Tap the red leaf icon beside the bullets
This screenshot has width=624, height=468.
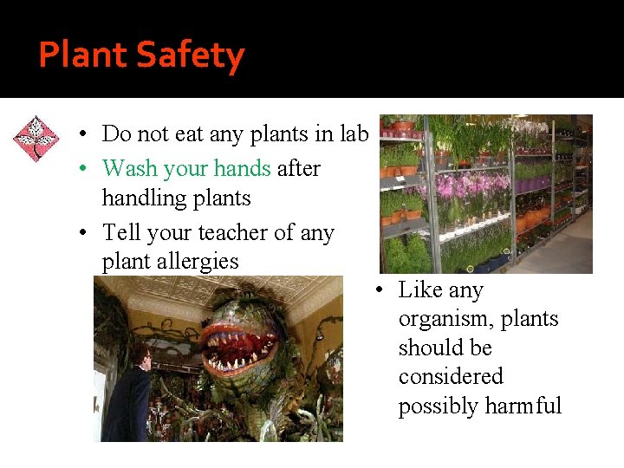(36, 139)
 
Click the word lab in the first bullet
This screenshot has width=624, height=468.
(354, 134)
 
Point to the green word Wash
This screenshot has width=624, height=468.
(128, 168)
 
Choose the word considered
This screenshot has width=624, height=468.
(451, 377)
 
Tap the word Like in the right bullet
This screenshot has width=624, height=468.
(419, 290)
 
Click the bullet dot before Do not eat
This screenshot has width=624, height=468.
(79, 135)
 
